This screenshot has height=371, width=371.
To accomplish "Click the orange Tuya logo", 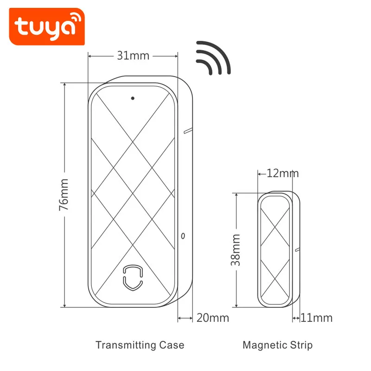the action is tap(47, 26).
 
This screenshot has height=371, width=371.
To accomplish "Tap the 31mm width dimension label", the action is tap(133, 56).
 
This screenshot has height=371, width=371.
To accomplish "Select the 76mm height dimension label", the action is tap(64, 195).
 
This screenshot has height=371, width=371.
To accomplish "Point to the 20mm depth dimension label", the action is tap(213, 318).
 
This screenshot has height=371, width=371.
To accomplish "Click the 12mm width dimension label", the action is tap(282, 173).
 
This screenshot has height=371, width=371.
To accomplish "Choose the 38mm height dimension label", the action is tap(236, 250).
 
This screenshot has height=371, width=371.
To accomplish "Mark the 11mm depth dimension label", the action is tap(317, 318).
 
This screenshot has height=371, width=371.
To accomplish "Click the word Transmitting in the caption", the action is tap(126, 345).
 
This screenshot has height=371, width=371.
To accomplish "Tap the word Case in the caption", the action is tap(172, 345).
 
